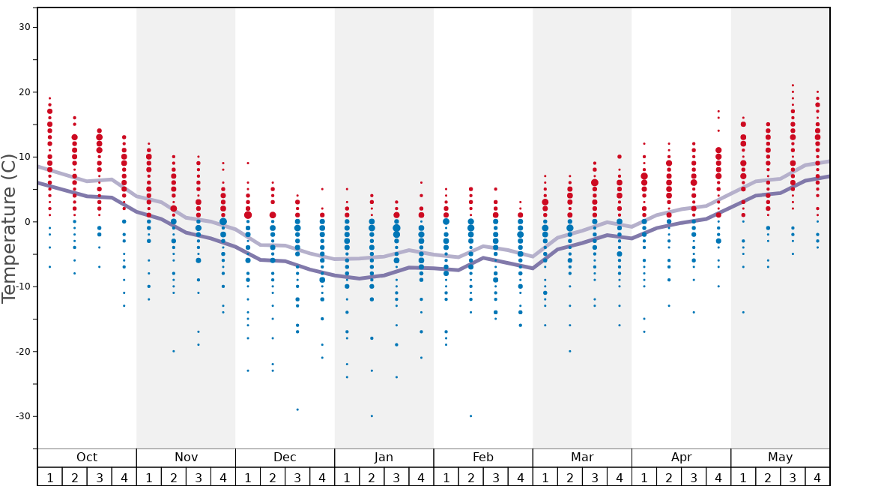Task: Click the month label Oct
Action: [x=87, y=457]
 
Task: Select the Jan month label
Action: [x=384, y=457]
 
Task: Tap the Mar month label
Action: [x=582, y=457]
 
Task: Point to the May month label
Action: [x=780, y=457]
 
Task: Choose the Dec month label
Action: [x=285, y=457]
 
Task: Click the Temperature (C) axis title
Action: [x=10, y=229]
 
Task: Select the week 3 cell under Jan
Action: [x=396, y=477]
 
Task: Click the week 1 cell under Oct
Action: [x=49, y=477]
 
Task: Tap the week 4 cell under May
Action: [x=817, y=477]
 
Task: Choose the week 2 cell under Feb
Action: [x=470, y=477]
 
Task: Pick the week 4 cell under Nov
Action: [x=222, y=477]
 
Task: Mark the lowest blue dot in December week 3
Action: [x=297, y=409]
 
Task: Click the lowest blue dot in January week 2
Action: [x=372, y=416]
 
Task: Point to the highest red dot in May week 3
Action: [x=793, y=85]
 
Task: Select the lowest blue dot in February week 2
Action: [x=470, y=416]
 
